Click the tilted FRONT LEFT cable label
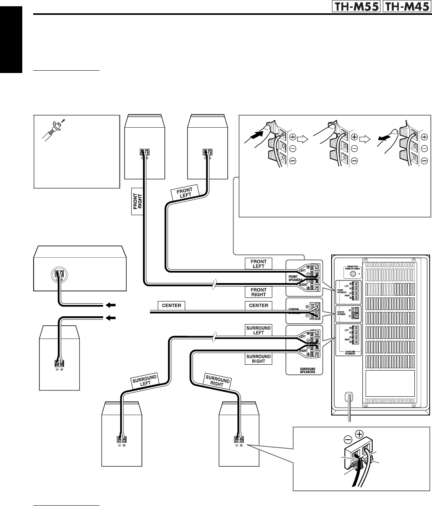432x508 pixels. click(x=186, y=193)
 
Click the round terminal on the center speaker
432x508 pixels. click(x=59, y=273)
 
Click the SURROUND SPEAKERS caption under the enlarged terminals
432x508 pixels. click(x=305, y=370)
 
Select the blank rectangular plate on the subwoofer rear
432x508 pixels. click(x=390, y=383)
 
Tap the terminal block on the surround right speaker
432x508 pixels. click(x=238, y=439)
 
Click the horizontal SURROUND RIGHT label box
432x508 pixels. click(x=258, y=359)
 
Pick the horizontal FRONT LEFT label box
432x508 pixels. click(x=258, y=264)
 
